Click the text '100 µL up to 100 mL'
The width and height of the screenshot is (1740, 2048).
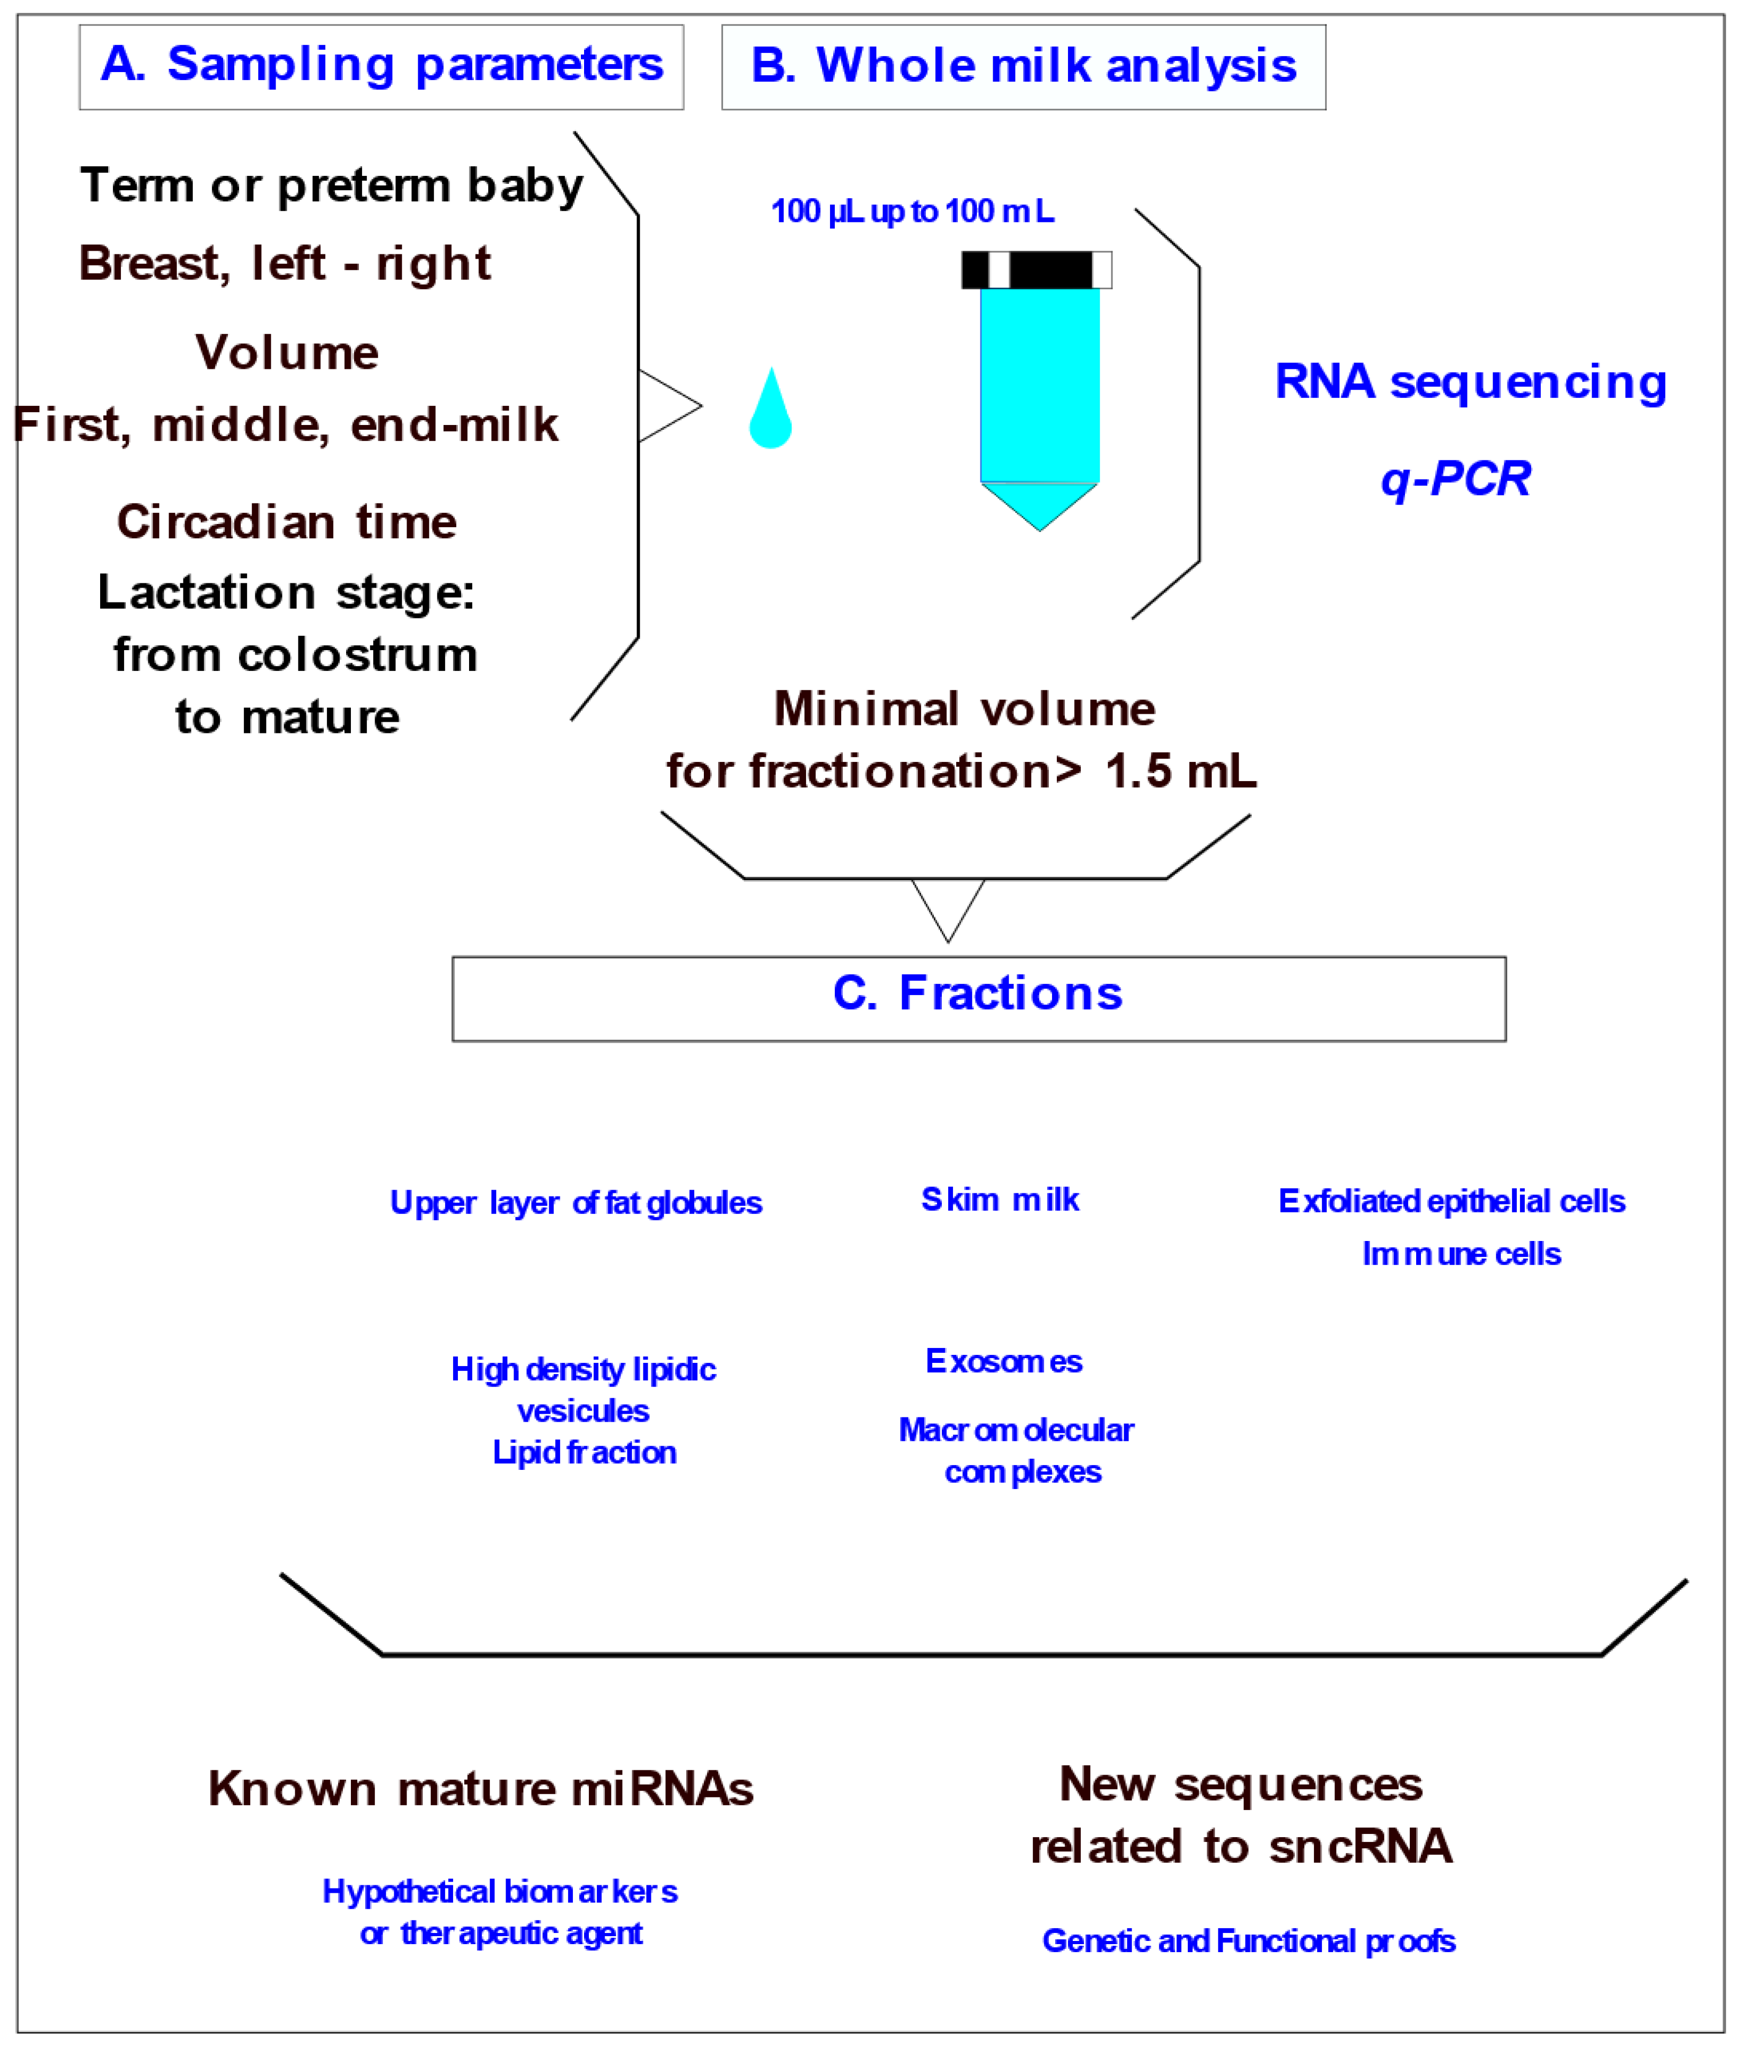[913, 211]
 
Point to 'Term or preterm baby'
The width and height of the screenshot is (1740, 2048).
[331, 185]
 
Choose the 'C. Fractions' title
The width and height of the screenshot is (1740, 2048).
[977, 993]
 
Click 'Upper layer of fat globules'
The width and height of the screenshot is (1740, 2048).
[576, 1203]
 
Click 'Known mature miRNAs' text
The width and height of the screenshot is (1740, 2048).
[480, 1789]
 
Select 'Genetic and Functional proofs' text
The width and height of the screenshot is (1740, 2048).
[1248, 1940]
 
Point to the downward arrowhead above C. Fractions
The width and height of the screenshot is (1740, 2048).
[948, 912]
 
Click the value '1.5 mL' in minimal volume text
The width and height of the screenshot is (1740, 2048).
[1181, 771]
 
